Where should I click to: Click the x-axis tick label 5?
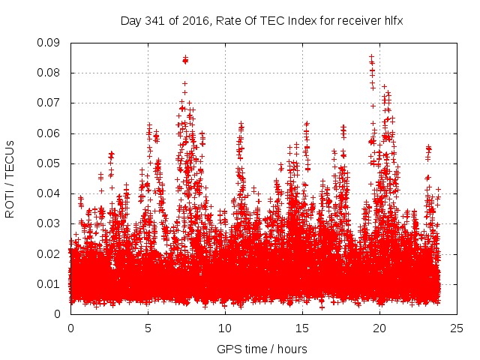(x=148, y=328)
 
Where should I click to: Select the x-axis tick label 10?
(x=225, y=328)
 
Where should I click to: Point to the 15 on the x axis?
(x=302, y=328)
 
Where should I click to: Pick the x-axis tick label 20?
(x=379, y=328)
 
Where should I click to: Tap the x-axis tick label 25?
(x=457, y=328)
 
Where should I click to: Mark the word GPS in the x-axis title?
(x=227, y=349)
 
